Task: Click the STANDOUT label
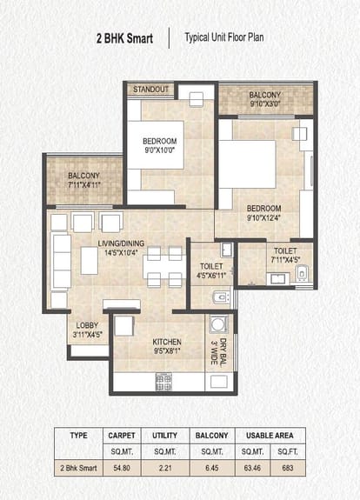coord(150,90)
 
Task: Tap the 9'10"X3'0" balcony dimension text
coord(265,103)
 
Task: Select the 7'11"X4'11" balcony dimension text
coord(84,184)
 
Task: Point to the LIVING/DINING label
coord(121,243)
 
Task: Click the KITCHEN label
coord(167,342)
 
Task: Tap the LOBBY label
coord(87,325)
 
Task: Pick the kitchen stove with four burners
coord(163,382)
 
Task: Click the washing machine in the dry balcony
coord(219,324)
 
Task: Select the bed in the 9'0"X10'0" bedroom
coord(156,144)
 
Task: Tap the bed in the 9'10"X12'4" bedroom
coord(248,164)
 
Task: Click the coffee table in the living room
coord(90,261)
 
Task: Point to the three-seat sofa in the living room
coord(61,262)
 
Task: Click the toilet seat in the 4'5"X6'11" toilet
coord(221,297)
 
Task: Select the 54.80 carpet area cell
coord(122,468)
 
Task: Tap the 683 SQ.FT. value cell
coord(288,468)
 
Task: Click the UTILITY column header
coord(165,436)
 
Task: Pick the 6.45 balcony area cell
coord(212,468)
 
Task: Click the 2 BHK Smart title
coord(124,38)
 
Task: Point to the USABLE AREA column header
coord(270,436)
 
